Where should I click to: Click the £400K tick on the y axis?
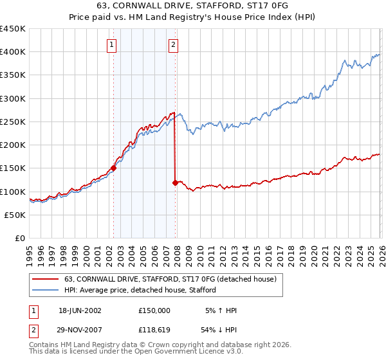click(13, 52)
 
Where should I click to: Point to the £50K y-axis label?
click(15, 215)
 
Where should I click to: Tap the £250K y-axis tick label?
click(13, 122)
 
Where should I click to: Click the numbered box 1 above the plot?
click(113, 44)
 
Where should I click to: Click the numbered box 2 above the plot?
click(174, 44)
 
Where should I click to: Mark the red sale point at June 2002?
click(114, 168)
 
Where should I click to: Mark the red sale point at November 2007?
click(176, 183)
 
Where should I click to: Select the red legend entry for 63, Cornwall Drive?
click(170, 279)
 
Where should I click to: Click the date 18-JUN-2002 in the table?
click(80, 310)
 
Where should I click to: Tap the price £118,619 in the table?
click(154, 330)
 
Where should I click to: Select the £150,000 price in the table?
click(154, 310)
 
